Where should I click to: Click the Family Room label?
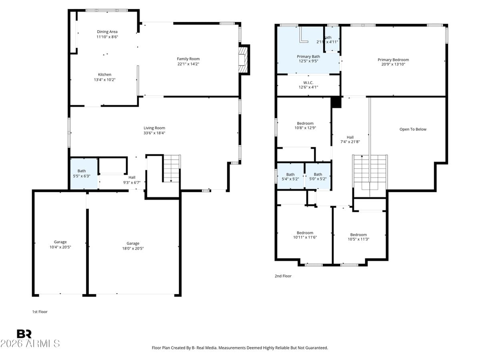click(188, 59)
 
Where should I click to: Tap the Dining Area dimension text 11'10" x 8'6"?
click(107, 37)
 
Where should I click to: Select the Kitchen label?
click(105, 74)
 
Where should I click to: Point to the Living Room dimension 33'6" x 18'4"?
click(154, 133)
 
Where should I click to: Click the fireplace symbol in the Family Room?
click(243, 60)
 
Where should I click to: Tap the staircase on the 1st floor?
click(172, 168)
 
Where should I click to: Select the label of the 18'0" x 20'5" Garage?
click(133, 243)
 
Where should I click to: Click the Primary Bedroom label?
click(393, 60)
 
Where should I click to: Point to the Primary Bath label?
click(308, 56)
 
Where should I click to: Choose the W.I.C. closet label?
click(308, 82)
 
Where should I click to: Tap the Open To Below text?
click(413, 129)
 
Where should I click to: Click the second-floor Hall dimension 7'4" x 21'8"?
click(350, 142)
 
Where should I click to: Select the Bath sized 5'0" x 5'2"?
click(318, 176)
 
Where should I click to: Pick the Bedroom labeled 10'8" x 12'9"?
click(305, 126)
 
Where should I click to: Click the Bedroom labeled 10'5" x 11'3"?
click(358, 237)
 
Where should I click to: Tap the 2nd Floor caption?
click(283, 276)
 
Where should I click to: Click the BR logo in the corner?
click(24, 334)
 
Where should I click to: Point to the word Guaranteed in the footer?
click(315, 348)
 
